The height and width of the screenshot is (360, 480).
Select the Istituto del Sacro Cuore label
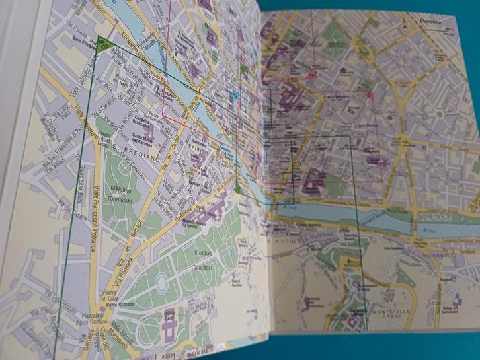[x=456, y=317]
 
